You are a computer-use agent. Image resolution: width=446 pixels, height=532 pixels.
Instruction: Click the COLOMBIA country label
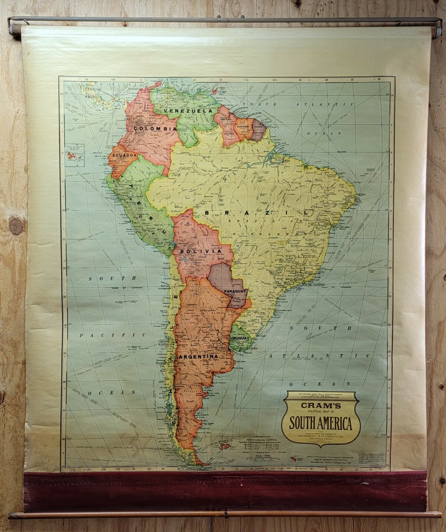(x=155, y=129)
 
